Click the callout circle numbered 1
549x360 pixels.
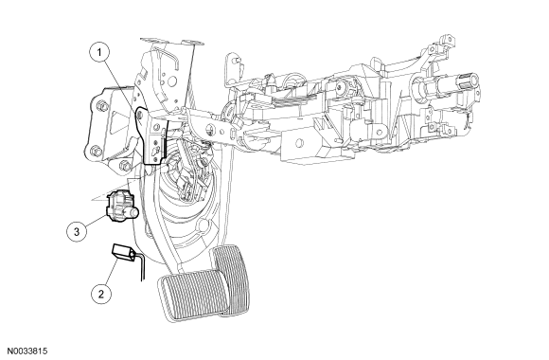click(x=99, y=53)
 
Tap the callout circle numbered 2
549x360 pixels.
click(x=101, y=294)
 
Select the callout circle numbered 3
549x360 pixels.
click(x=77, y=232)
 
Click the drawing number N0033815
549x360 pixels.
click(x=27, y=351)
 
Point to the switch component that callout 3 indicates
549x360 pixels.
click(x=120, y=207)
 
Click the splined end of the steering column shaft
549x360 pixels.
click(x=468, y=79)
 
